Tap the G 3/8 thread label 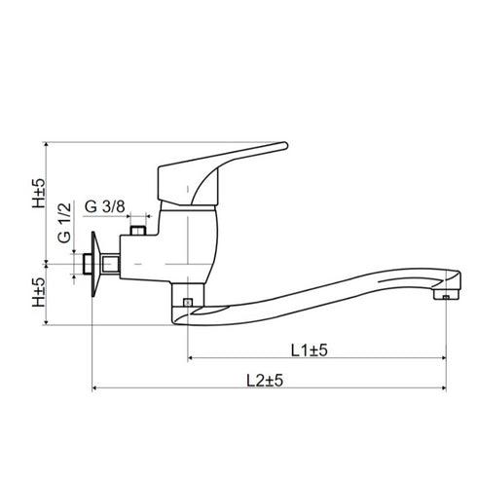coord(104,205)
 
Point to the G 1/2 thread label coord(64,223)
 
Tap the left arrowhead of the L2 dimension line coord(94,389)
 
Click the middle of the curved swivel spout coord(321,292)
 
